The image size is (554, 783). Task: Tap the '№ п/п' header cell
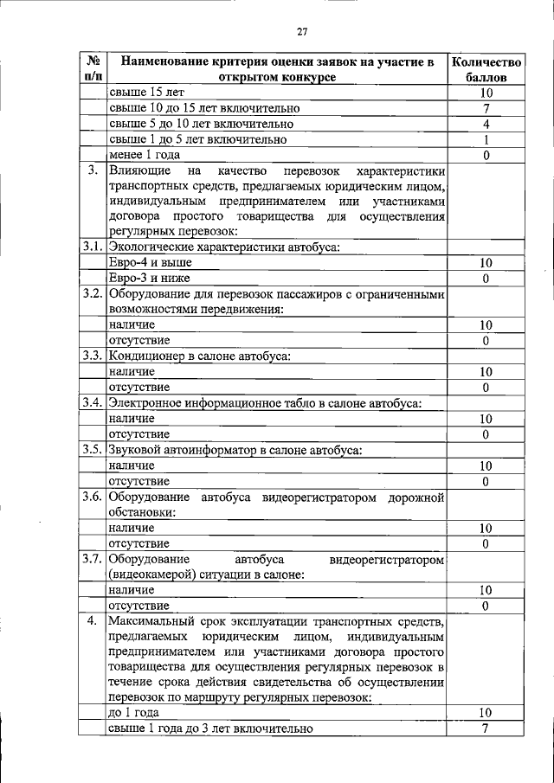tap(93, 69)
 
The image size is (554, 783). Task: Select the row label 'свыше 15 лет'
tap(147, 93)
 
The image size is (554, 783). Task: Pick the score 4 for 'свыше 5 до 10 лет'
tap(486, 124)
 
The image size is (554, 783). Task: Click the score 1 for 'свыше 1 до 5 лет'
tap(486, 139)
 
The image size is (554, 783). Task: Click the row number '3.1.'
tap(93, 247)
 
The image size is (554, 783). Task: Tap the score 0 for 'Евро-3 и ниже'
tap(486, 278)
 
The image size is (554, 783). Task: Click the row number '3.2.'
tap(93, 293)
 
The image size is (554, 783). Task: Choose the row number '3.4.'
tap(93, 402)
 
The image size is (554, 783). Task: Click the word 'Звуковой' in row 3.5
tap(135, 449)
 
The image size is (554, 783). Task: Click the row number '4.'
tap(93, 620)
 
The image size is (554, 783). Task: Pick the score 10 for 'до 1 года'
tap(486, 713)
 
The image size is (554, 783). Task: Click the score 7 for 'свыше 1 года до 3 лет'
tap(486, 728)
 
